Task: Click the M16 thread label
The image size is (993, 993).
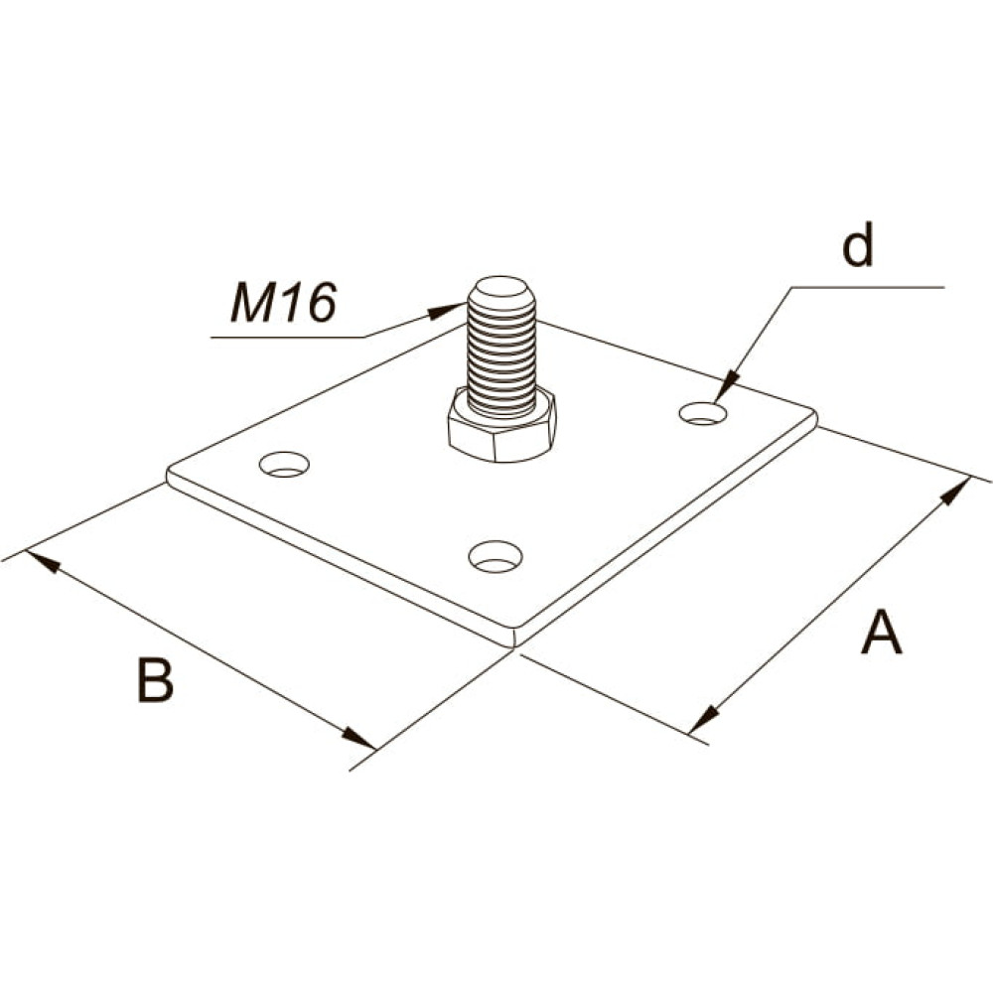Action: pyautogui.click(x=283, y=303)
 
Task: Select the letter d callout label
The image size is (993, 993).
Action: pyautogui.click(x=858, y=244)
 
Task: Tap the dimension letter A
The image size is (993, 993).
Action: pyautogui.click(x=881, y=632)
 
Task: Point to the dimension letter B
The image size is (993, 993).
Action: pyautogui.click(x=155, y=680)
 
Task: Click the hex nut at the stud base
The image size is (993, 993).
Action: pyautogui.click(x=502, y=425)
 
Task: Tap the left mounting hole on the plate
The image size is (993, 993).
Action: pyautogui.click(x=284, y=464)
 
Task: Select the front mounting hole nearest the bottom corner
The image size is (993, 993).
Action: pyautogui.click(x=496, y=556)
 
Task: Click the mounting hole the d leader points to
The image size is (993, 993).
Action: pyautogui.click(x=703, y=413)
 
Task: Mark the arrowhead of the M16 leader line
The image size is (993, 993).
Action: pyautogui.click(x=449, y=310)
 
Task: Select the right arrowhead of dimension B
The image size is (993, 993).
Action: pyautogui.click(x=359, y=739)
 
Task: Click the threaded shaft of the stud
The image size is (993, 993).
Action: pyautogui.click(x=501, y=357)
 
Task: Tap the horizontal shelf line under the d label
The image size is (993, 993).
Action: pyautogui.click(x=868, y=287)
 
